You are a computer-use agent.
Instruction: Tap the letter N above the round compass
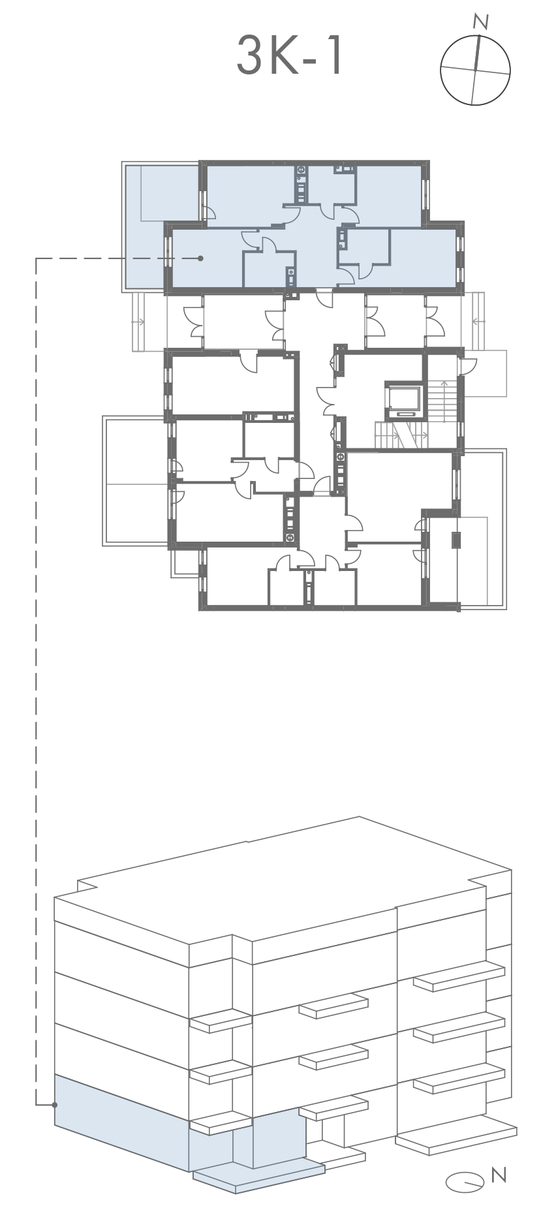[x=482, y=22]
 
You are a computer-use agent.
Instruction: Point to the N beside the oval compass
[x=499, y=1175]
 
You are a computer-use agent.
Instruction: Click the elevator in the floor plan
[x=403, y=400]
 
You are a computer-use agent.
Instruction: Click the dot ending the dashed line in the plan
[x=200, y=258]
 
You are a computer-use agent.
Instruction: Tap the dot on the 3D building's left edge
[x=55, y=1104]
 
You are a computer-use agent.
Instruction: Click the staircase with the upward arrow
[x=442, y=400]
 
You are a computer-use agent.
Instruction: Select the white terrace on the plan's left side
[x=136, y=481]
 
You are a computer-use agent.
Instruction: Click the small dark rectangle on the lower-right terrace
[x=456, y=540]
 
